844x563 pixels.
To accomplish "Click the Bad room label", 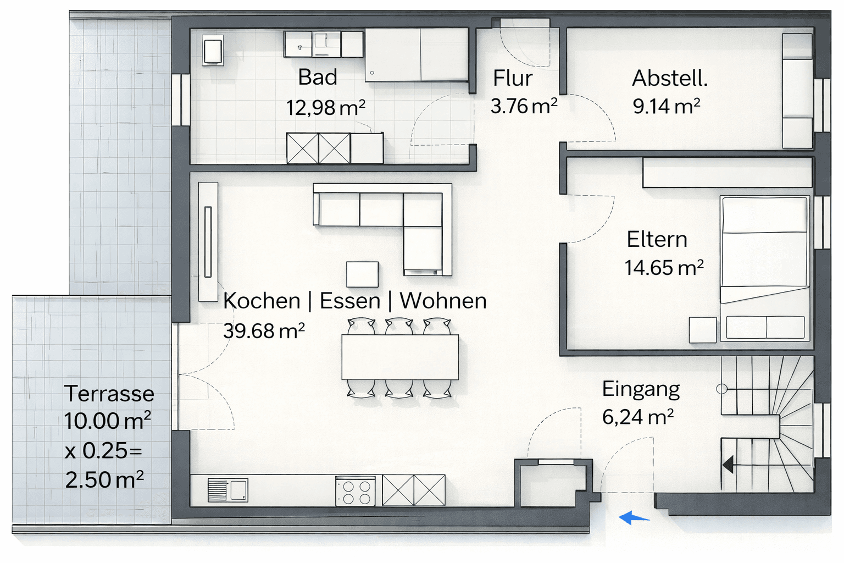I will [x=318, y=78].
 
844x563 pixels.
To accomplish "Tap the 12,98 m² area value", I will [x=325, y=108].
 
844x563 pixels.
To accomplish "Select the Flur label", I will [x=512, y=79].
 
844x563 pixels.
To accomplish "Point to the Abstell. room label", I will [x=669, y=79].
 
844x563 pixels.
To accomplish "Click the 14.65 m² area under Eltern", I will [x=664, y=268].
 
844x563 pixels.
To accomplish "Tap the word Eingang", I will [x=641, y=389].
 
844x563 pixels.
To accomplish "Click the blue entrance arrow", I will [x=634, y=517].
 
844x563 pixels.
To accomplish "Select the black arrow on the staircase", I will [x=728, y=465].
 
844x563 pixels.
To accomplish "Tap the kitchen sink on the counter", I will [x=228, y=490].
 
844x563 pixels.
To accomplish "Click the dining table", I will [x=400, y=357].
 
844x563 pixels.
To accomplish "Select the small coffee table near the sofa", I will [x=362, y=274].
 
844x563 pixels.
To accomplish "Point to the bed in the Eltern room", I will [x=765, y=268].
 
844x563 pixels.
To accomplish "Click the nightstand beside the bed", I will [x=703, y=330].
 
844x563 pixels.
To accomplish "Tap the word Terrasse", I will [x=109, y=394].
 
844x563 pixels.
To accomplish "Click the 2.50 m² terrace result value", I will [x=104, y=480].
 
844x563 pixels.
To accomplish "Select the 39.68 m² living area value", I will [x=264, y=331].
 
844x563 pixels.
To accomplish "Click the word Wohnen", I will [x=443, y=301].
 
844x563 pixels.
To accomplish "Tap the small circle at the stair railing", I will [x=721, y=389].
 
